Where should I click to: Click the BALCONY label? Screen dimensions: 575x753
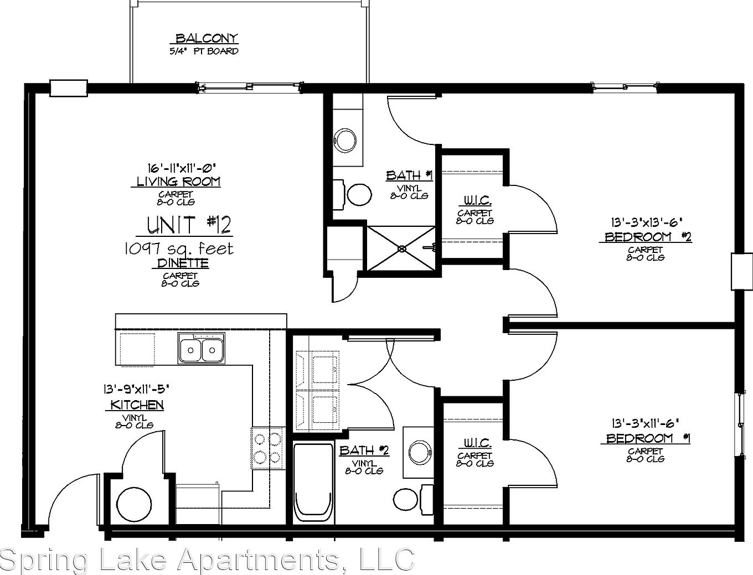[x=206, y=38]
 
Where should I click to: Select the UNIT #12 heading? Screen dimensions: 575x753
[x=189, y=225]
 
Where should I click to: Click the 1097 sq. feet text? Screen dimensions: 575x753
[x=178, y=249]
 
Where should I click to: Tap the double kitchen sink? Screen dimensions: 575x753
[x=202, y=349]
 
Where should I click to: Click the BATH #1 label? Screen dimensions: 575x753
[x=409, y=175]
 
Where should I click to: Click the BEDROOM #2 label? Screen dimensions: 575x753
[x=645, y=237]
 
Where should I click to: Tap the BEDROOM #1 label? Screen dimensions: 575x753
[x=645, y=438]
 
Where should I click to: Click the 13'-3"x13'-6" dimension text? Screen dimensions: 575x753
[x=644, y=222]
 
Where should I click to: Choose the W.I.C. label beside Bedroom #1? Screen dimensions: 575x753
[x=475, y=443]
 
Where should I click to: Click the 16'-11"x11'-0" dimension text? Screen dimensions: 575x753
[x=180, y=167]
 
